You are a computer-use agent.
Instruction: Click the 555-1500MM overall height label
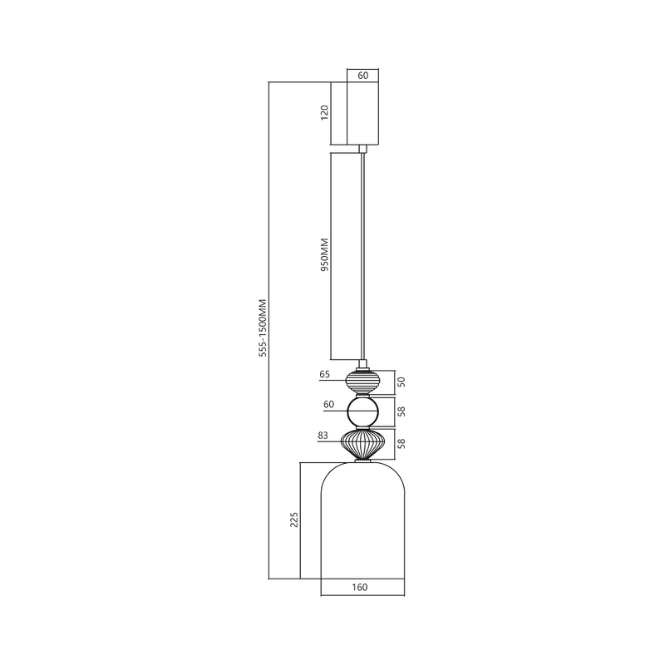click(263, 328)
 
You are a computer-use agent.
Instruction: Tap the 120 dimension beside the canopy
click(325, 113)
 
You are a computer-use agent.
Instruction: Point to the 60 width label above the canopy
click(362, 75)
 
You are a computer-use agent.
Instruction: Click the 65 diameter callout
click(325, 375)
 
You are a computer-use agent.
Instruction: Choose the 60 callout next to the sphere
click(328, 405)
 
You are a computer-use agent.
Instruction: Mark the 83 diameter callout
click(323, 435)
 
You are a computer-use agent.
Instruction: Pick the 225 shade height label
click(293, 520)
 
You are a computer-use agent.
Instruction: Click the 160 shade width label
click(360, 588)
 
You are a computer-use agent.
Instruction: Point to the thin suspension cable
click(362, 249)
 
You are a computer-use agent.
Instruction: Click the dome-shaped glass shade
click(362, 524)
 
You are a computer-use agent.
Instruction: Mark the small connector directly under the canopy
click(362, 149)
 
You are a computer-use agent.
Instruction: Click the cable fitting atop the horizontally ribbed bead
click(362, 364)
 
